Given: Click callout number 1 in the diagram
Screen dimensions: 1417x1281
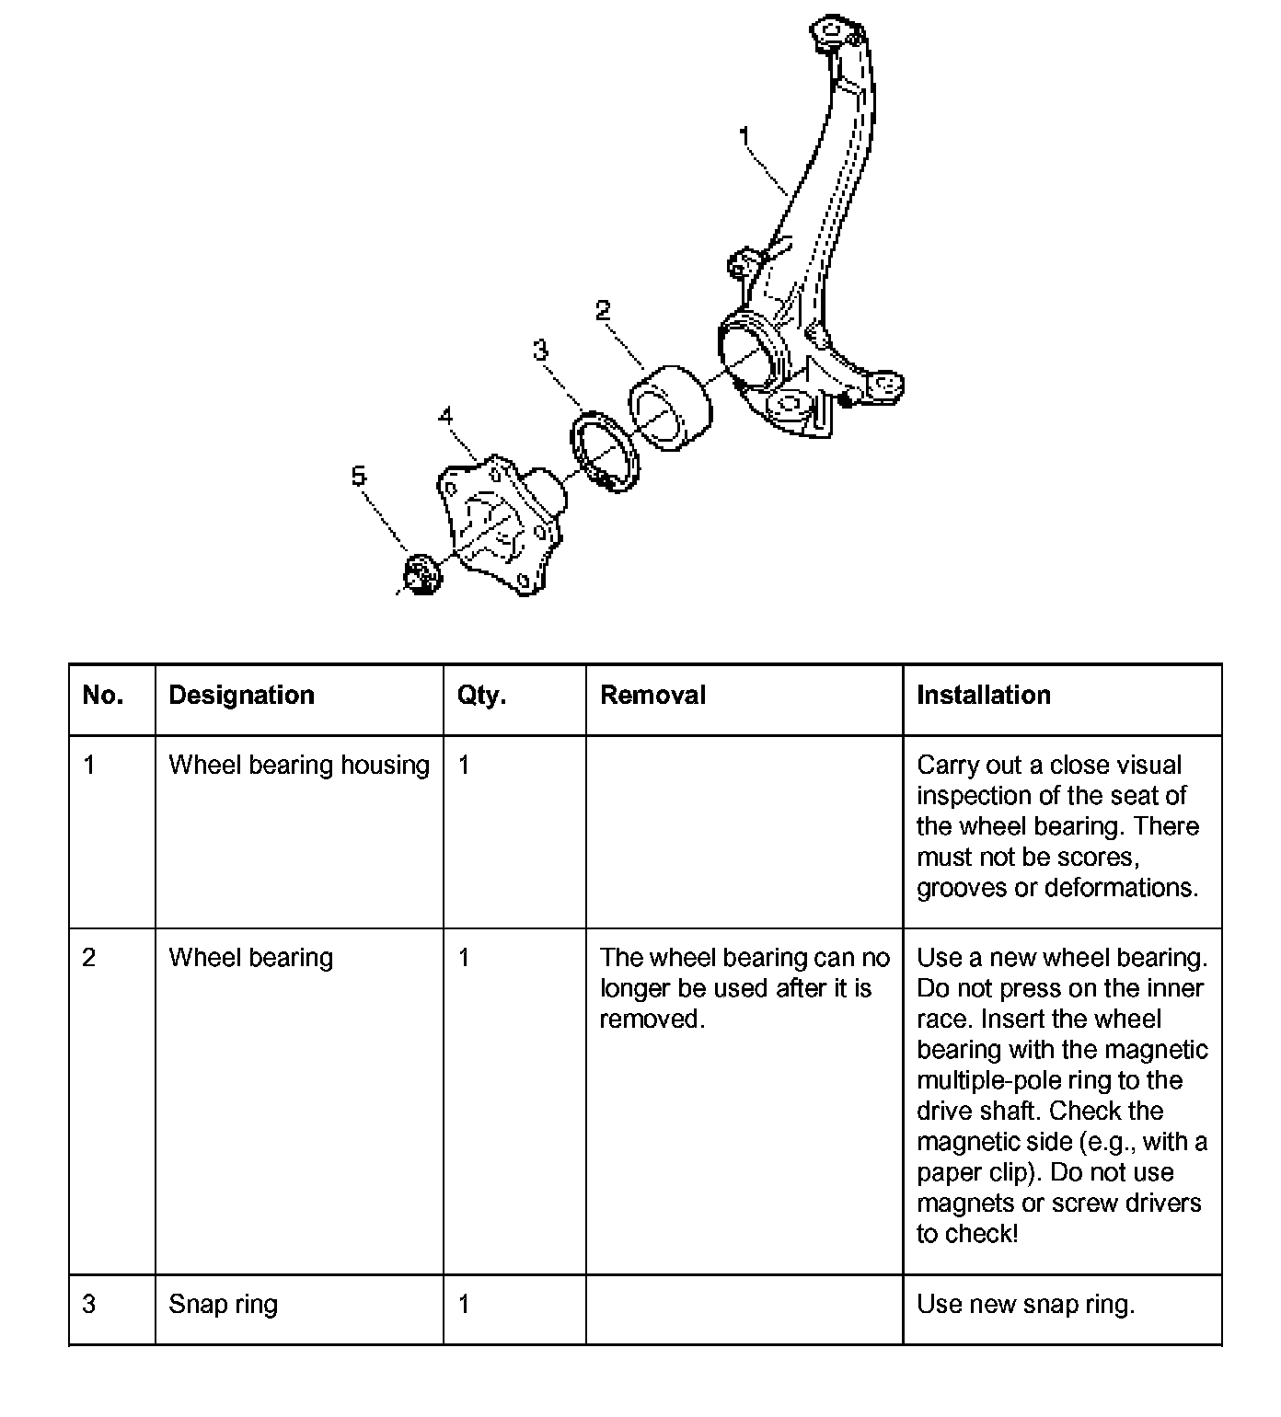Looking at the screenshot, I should pyautogui.click(x=745, y=137).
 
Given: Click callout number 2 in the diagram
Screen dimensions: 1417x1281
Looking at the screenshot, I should pyautogui.click(x=603, y=311).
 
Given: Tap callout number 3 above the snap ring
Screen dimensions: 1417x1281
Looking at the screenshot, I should pyautogui.click(x=540, y=351).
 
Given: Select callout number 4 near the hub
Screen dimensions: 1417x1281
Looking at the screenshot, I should pyautogui.click(x=446, y=416).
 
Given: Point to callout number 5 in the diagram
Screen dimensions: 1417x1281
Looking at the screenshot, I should pyautogui.click(x=358, y=476).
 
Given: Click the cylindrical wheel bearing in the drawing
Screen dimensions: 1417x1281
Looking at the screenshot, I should pyautogui.click(x=670, y=407).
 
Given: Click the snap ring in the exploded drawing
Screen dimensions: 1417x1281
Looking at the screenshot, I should pyautogui.click(x=604, y=454).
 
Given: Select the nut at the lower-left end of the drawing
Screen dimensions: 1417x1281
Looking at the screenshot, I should pyautogui.click(x=421, y=574).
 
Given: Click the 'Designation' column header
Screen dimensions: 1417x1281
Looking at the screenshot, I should pyautogui.click(x=241, y=695).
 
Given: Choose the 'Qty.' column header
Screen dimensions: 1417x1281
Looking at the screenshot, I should pyautogui.click(x=481, y=695).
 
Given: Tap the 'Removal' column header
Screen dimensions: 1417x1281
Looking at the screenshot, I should pyautogui.click(x=652, y=695).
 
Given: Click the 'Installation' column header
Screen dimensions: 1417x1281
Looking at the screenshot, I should pyautogui.click(x=983, y=695).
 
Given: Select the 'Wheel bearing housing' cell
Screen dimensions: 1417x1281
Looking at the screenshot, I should pyautogui.click(x=299, y=766).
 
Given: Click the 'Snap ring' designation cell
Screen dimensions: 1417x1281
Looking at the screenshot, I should pyautogui.click(x=223, y=1304).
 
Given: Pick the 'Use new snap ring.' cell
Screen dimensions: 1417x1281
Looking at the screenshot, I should pyautogui.click(x=1025, y=1304).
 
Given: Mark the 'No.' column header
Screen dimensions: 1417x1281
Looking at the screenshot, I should pyautogui.click(x=102, y=695).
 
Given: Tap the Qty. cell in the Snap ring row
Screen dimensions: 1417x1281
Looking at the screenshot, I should pyautogui.click(x=464, y=1304).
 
